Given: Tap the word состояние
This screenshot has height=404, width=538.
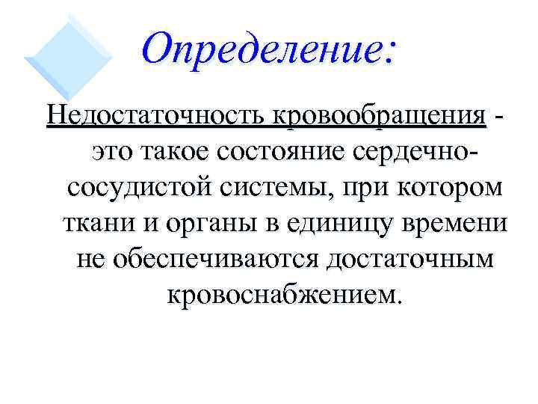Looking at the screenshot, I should [x=287, y=151].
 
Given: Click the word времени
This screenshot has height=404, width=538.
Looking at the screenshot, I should [x=455, y=223].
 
